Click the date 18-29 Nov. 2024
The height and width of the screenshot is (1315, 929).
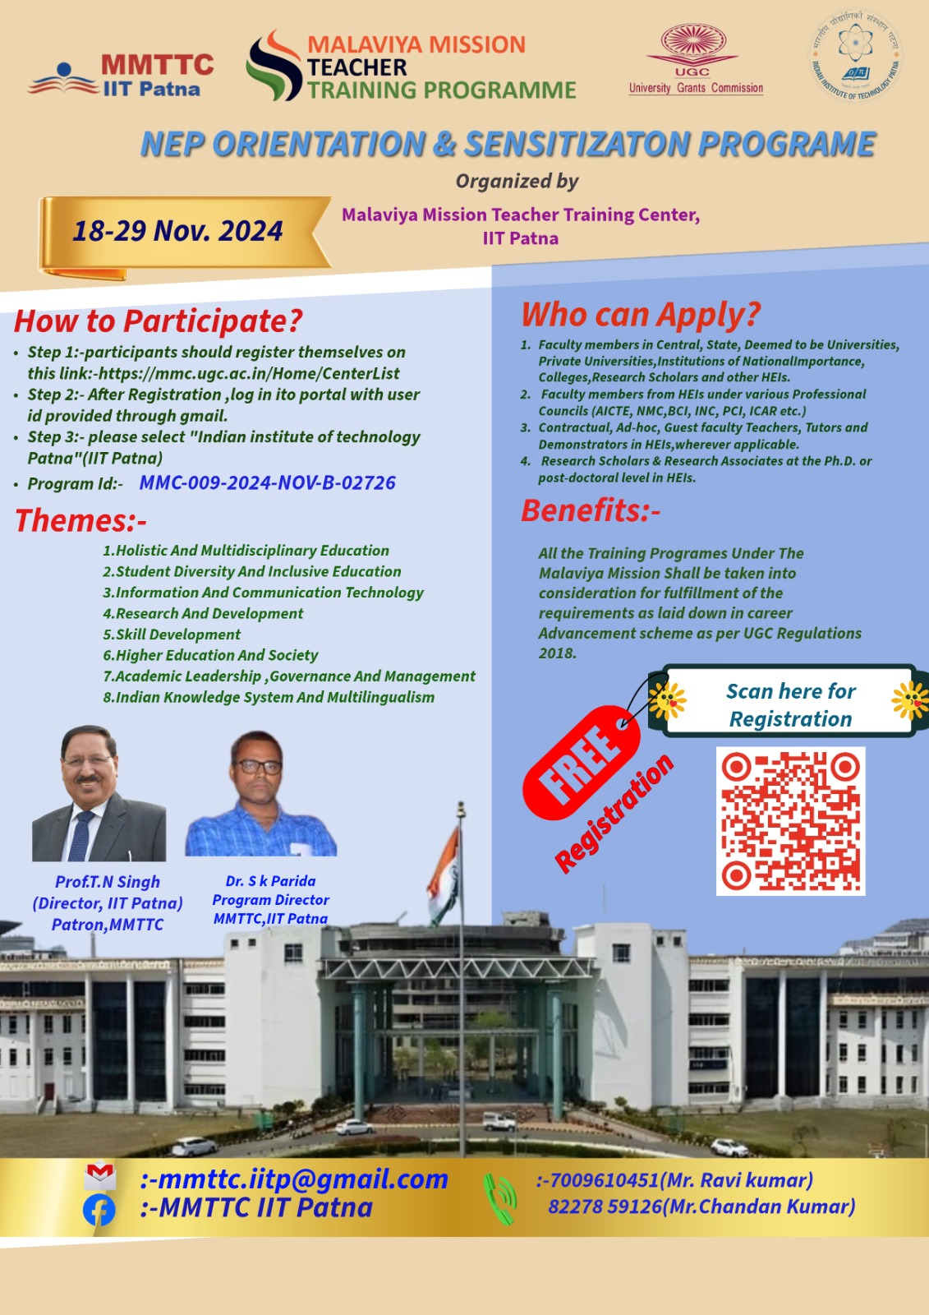click(177, 231)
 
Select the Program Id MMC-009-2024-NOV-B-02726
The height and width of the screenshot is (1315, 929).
click(267, 482)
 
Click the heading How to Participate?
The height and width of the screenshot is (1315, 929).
click(158, 321)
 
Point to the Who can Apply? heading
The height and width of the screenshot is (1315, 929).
click(640, 314)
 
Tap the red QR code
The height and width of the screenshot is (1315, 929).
click(790, 821)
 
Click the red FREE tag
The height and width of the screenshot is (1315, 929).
click(581, 763)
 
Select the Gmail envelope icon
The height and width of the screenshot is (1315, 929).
click(99, 1176)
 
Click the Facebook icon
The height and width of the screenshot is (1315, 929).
click(99, 1210)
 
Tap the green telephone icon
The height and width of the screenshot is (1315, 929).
click(499, 1197)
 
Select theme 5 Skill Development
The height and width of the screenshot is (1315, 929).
click(172, 634)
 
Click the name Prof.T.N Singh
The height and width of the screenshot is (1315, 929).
click(108, 881)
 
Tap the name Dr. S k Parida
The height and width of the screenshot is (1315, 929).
click(270, 880)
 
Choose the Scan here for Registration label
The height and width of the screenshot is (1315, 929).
click(790, 705)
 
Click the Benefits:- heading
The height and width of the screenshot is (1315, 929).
click(591, 510)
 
